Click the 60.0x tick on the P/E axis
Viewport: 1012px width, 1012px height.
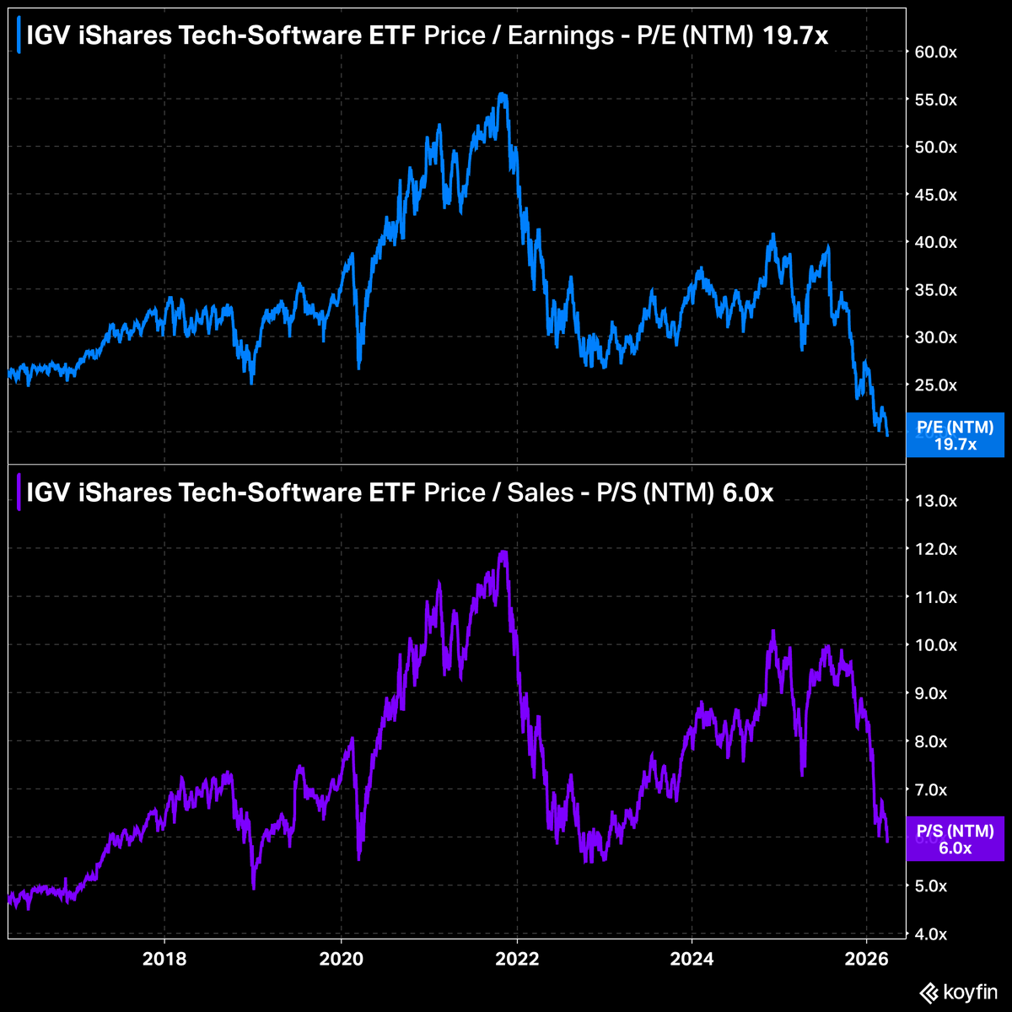tap(936, 52)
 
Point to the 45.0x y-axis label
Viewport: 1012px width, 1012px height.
tap(936, 195)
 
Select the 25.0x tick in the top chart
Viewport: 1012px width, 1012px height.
tap(936, 385)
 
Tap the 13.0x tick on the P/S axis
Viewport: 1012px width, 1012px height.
tap(936, 501)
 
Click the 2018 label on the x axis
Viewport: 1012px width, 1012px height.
tap(164, 959)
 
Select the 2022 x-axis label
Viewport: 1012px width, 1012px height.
tap(516, 959)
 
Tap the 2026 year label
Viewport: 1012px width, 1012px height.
tap(867, 959)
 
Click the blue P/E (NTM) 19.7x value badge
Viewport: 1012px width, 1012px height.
tap(955, 436)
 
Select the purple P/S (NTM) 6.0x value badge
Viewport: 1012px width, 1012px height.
tap(955, 839)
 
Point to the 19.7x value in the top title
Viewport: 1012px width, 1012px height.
tap(793, 36)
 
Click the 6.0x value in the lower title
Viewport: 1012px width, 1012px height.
tap(748, 493)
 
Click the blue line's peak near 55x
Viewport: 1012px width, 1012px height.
tap(503, 94)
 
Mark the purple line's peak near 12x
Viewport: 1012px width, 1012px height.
tap(503, 552)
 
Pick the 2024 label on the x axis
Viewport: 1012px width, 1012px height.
tap(692, 959)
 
